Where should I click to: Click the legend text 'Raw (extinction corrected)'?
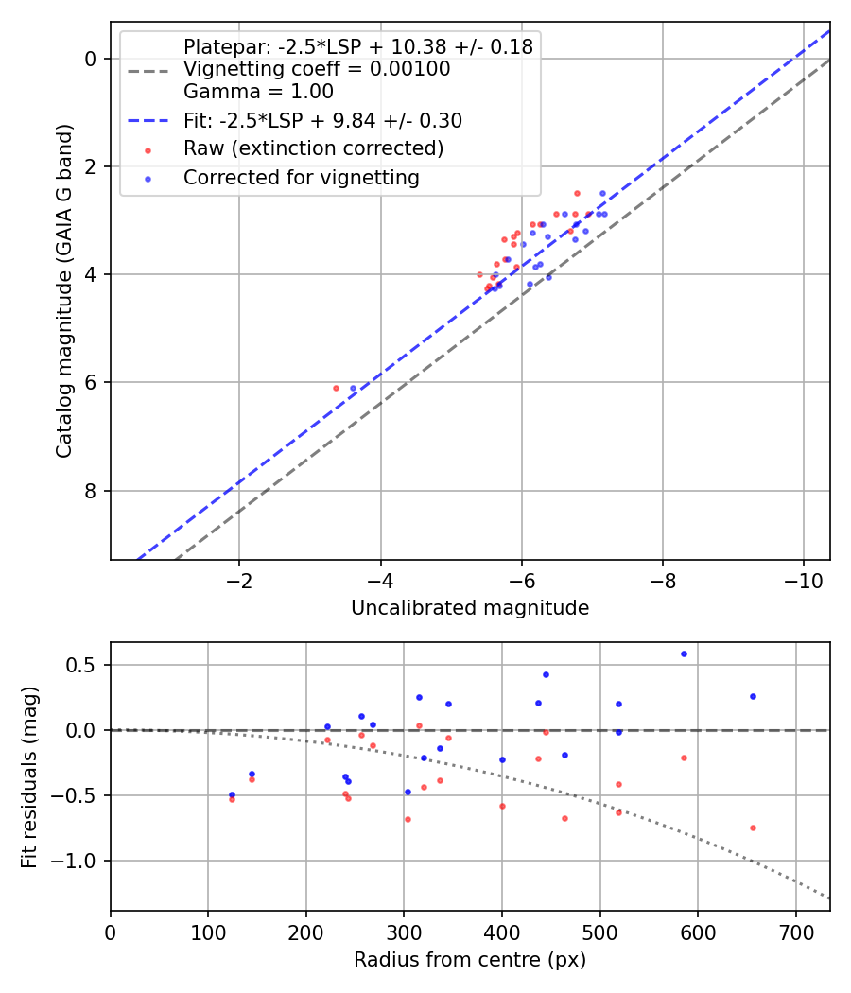point(313,148)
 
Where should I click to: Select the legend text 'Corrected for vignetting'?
point(302,178)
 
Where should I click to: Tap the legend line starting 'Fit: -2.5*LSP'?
point(323,120)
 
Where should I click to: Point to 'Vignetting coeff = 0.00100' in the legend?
point(317,69)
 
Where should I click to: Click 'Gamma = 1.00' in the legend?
point(258,92)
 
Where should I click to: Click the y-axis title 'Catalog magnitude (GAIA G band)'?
point(64,290)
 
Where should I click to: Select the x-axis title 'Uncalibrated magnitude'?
point(470,608)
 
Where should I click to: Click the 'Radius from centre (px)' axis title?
point(470,960)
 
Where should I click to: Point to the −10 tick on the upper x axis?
point(804,581)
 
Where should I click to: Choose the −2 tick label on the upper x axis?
point(238,581)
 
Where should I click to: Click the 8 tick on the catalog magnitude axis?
point(90,491)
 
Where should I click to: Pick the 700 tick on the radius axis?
point(795,932)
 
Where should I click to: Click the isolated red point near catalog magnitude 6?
point(336,388)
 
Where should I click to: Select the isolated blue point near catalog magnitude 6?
point(353,388)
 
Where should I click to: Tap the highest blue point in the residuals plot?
point(684,654)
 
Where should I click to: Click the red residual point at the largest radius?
point(753,827)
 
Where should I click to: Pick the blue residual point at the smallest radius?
point(232,794)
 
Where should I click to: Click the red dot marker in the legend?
point(148,150)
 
